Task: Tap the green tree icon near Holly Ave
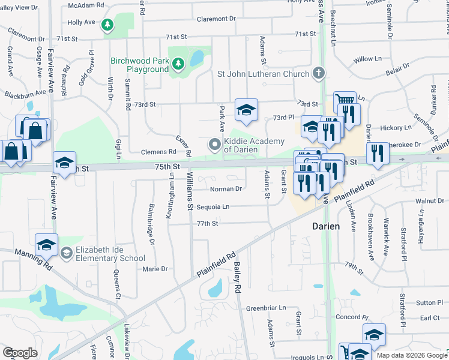point(107,25)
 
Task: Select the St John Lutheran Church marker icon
point(318,74)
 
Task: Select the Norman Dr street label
point(226,189)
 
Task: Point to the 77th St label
point(206,223)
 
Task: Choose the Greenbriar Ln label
point(266,308)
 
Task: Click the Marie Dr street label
point(155,269)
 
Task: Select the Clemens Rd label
point(158,152)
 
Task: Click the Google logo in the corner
point(20,352)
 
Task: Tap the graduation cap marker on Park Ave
point(246,109)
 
